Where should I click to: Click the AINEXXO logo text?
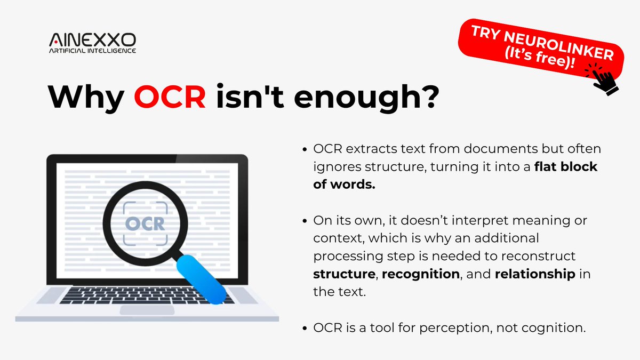point(92,39)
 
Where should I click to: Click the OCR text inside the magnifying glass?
point(145,223)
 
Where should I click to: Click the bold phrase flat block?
point(566,166)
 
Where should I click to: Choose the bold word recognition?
point(421,274)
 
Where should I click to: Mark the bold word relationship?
point(535,274)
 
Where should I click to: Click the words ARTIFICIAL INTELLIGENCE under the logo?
point(92,51)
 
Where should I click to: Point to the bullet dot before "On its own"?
point(304,221)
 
